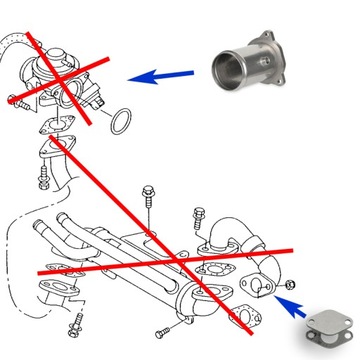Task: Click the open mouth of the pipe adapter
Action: coord(225,71)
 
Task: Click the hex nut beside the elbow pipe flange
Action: coord(289,288)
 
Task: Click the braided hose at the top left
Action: coord(13,39)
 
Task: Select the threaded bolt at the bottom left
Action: coord(76,324)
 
